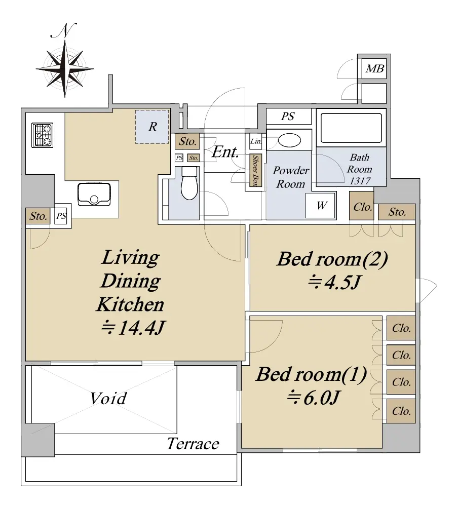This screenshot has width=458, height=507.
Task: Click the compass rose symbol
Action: pyautogui.click(x=65, y=68)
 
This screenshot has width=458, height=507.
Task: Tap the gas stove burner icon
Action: pyautogui.click(x=42, y=135)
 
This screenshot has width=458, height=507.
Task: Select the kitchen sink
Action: pyautogui.click(x=94, y=194)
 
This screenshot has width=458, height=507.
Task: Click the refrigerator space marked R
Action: pyautogui.click(x=152, y=127)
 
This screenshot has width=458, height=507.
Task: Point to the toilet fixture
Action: pyautogui.click(x=189, y=183)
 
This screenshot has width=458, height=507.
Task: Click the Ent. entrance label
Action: pyautogui.click(x=225, y=152)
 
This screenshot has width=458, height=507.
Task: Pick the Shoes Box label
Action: pyautogui.click(x=255, y=170)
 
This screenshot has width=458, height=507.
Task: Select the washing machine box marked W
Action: pyautogui.click(x=321, y=205)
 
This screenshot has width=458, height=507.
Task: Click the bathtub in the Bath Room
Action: pyautogui.click(x=351, y=128)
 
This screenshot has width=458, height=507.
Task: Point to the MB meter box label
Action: pyautogui.click(x=374, y=68)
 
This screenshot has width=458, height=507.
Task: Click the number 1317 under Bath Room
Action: pyautogui.click(x=360, y=181)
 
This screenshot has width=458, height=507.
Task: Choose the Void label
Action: pyautogui.click(x=108, y=398)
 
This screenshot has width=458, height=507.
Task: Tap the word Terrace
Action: pyautogui.click(x=193, y=444)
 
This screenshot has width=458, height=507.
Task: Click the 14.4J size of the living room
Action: pyautogui.click(x=133, y=328)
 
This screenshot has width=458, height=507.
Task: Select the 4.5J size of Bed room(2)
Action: pyautogui.click(x=333, y=283)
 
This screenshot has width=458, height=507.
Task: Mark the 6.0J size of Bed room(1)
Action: pyautogui.click(x=313, y=398)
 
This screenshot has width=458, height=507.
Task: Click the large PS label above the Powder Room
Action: pyautogui.click(x=288, y=116)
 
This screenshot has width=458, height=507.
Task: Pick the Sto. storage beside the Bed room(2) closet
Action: pyautogui.click(x=397, y=212)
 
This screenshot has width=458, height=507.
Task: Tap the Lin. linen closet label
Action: pyautogui.click(x=255, y=141)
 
